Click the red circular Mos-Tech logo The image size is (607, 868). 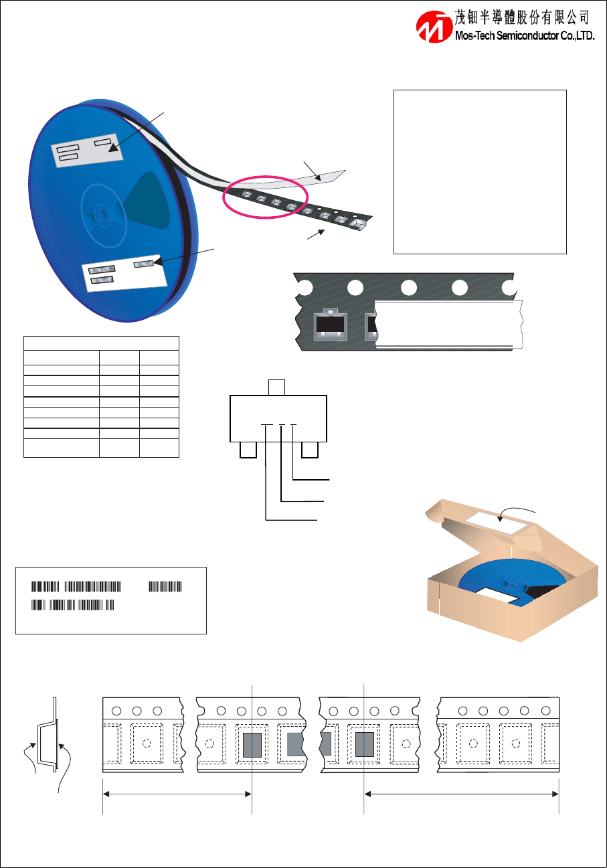tap(434, 27)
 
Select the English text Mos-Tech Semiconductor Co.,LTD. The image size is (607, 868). tap(525, 37)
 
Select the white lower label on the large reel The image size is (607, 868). tap(124, 273)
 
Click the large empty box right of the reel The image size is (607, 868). tap(480, 171)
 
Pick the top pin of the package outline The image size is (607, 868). tap(276, 387)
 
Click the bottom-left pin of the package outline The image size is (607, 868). tap(248, 449)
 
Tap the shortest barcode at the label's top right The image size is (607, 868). tap(165, 587)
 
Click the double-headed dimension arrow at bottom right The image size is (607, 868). tap(461, 794)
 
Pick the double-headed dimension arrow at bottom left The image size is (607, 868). tap(177, 794)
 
